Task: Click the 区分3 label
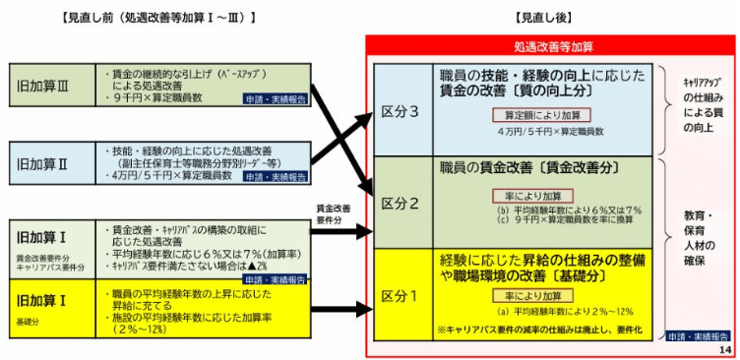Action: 401,111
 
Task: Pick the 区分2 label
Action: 401,203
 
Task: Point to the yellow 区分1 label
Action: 401,294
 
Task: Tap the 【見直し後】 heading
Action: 544,17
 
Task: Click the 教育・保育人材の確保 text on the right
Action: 694,235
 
